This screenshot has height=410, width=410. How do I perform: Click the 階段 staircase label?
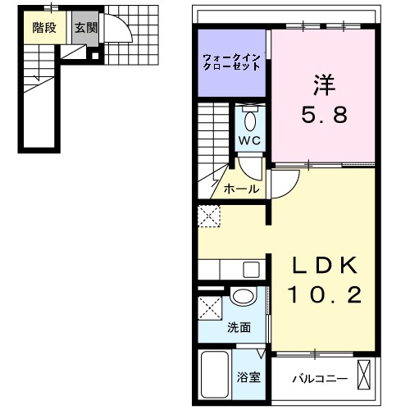tap(43, 26)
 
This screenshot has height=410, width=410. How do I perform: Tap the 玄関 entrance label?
tap(84, 26)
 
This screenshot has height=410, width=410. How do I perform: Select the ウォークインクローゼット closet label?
tap(232, 61)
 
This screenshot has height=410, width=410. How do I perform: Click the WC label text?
tap(249, 140)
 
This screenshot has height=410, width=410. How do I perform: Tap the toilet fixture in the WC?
tap(250, 120)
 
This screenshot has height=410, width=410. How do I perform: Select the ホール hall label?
tap(242, 189)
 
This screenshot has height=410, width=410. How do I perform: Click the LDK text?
tap(326, 266)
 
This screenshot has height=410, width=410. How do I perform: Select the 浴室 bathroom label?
tap(248, 379)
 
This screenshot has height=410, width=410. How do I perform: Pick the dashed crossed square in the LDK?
tap(208, 216)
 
